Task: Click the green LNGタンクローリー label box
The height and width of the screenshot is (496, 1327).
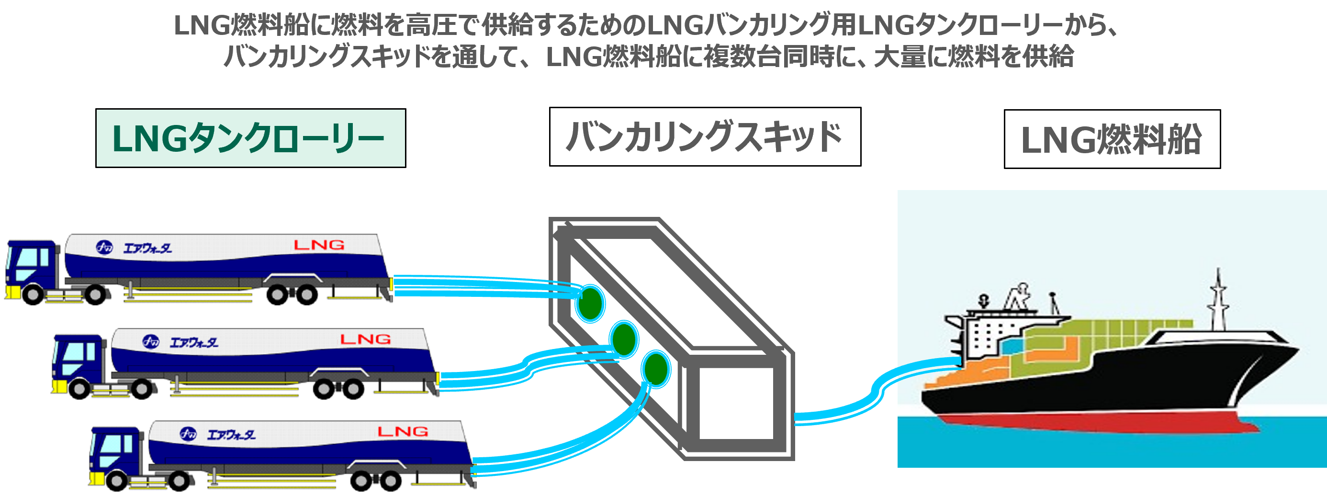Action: tap(250, 138)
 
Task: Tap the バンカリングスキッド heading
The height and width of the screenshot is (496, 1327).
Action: tap(704, 137)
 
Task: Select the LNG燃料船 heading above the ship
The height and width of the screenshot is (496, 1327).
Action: tap(1111, 140)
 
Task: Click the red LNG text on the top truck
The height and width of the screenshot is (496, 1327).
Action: tap(319, 245)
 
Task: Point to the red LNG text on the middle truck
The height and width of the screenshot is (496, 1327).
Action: tap(365, 339)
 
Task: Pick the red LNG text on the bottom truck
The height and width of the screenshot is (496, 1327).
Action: tap(403, 432)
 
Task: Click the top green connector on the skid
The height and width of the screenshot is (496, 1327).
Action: tap(590, 304)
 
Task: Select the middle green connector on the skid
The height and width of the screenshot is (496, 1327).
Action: tap(624, 339)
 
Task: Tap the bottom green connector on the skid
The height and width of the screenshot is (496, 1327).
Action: tap(656, 369)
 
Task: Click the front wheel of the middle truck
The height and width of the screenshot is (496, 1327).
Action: tap(79, 389)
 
